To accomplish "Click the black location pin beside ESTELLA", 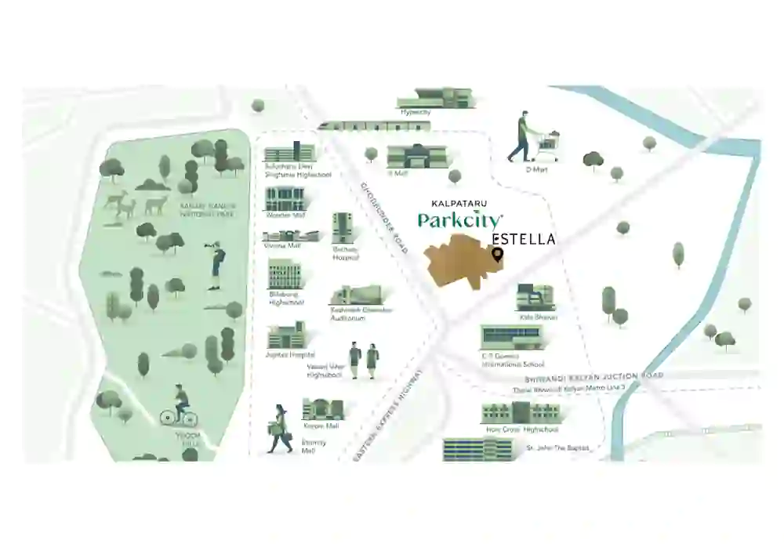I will click(x=496, y=255).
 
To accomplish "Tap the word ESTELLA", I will click(x=524, y=238).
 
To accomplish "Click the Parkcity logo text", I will click(x=460, y=220).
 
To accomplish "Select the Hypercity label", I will click(x=416, y=112).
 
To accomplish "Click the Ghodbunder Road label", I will click(x=383, y=217).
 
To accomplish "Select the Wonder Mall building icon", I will click(x=282, y=200).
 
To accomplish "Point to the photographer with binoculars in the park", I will click(x=215, y=263).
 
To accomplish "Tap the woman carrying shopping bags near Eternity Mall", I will click(x=278, y=429).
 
